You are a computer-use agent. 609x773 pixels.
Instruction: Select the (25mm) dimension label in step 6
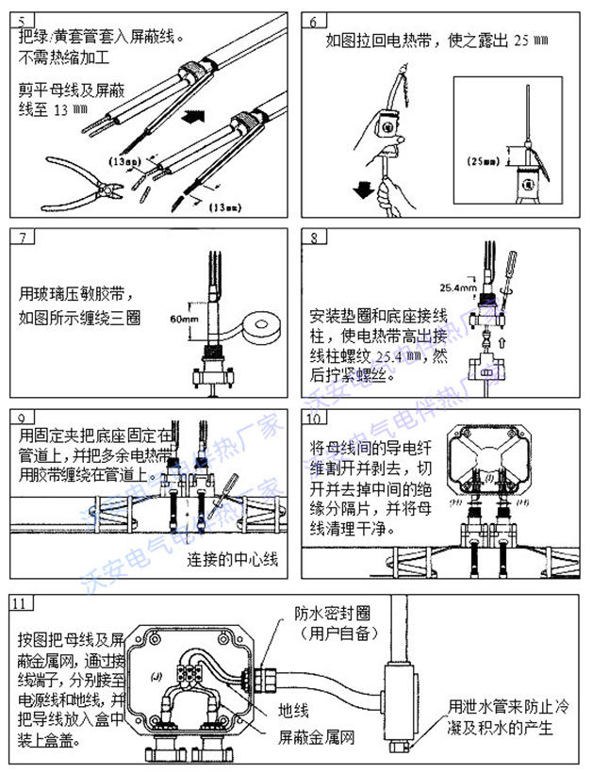483,161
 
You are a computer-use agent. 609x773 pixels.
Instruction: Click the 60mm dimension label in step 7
186,319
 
